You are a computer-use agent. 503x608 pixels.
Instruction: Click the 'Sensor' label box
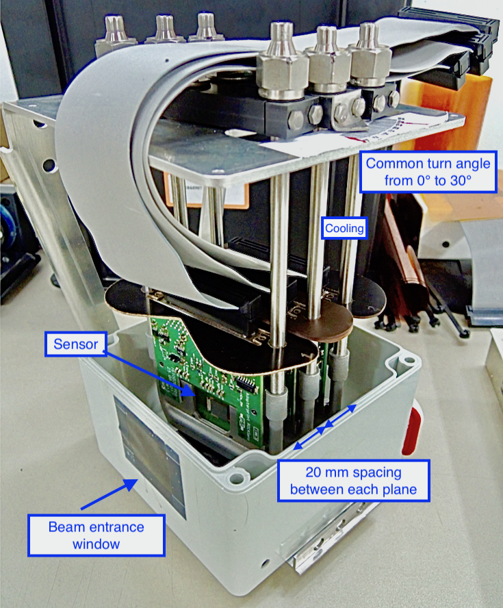point(75,344)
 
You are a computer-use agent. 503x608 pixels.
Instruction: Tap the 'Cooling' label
point(344,229)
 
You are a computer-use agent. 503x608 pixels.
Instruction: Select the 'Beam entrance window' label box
point(96,535)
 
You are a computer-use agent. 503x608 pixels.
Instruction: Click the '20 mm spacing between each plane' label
point(353,481)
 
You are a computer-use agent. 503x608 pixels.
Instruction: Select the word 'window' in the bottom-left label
point(96,544)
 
